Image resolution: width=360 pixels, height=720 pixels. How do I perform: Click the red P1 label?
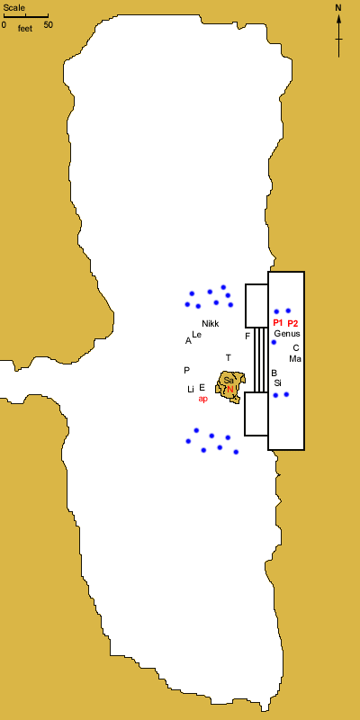pyautogui.click(x=278, y=322)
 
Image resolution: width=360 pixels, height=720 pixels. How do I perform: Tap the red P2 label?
pyautogui.click(x=292, y=323)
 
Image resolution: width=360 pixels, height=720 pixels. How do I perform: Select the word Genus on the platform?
pyautogui.click(x=287, y=334)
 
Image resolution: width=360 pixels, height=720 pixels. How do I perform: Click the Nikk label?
pyautogui.click(x=211, y=323)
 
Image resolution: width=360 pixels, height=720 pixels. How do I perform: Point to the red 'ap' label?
pyautogui.click(x=203, y=399)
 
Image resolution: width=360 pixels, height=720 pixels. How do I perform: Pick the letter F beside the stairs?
pyautogui.click(x=247, y=337)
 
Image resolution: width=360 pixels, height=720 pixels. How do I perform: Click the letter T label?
pyautogui.click(x=229, y=357)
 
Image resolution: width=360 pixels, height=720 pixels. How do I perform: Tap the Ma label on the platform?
pyautogui.click(x=295, y=358)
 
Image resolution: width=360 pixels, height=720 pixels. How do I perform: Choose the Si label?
pyautogui.click(x=278, y=382)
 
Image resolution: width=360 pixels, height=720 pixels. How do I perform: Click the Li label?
pyautogui.click(x=191, y=390)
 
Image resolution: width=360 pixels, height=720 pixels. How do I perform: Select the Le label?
pyautogui.click(x=196, y=334)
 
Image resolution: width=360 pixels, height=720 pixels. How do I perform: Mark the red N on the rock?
pyautogui.click(x=230, y=390)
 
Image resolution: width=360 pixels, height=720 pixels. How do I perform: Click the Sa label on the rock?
pyautogui.click(x=229, y=380)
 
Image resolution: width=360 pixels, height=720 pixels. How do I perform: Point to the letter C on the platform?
pyautogui.click(x=296, y=348)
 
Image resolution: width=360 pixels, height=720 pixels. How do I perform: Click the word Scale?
pyautogui.click(x=14, y=8)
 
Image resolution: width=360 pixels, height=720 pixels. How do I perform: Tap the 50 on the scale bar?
pyautogui.click(x=49, y=25)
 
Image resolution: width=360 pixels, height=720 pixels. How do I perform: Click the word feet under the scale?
pyautogui.click(x=25, y=29)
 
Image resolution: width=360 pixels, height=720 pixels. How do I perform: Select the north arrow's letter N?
pyautogui.click(x=338, y=8)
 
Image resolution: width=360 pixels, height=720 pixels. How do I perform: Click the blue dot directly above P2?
pyautogui.click(x=288, y=310)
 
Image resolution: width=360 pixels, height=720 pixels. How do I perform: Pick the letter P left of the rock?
pyautogui.click(x=186, y=370)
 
